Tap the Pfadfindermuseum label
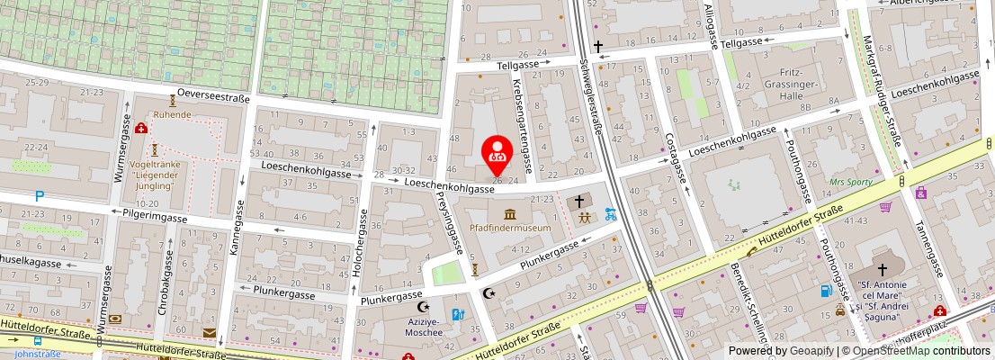510,229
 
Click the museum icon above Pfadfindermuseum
510,213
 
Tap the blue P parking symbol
39,195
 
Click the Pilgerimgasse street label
149,217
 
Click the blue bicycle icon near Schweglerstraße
612,214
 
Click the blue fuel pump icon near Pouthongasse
825,290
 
